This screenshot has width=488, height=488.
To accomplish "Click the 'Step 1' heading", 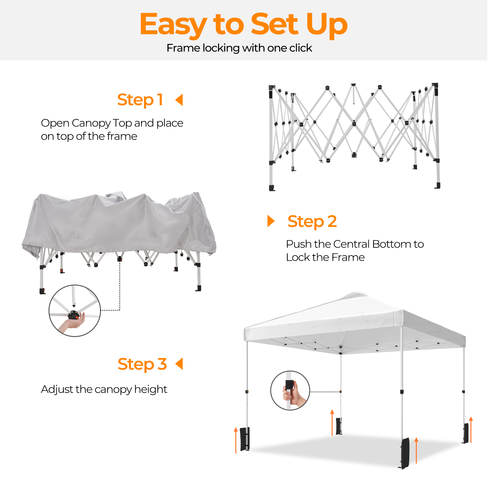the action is coord(140,100).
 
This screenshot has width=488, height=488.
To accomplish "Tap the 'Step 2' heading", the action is coord(312,221).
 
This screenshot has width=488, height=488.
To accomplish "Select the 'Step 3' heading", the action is coord(142,364).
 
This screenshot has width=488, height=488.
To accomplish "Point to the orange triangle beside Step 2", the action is coord(271,221).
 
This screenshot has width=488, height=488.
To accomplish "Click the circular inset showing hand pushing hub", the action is coord(75,311).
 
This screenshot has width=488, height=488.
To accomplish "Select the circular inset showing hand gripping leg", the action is coord(290,391).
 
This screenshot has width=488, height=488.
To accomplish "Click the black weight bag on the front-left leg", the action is coord(245,439).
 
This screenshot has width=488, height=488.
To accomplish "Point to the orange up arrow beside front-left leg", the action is coord(235,440).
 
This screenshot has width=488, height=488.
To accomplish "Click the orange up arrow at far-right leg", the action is coord(471,429).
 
